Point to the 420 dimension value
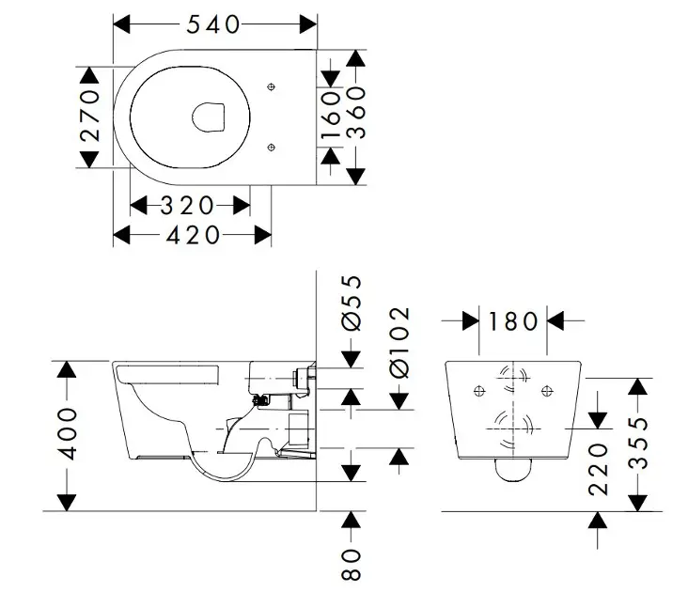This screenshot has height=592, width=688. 193,234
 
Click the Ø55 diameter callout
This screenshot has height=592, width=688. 351,303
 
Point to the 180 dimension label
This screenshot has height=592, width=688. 513,321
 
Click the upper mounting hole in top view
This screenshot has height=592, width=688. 271,86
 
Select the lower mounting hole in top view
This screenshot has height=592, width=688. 271,146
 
